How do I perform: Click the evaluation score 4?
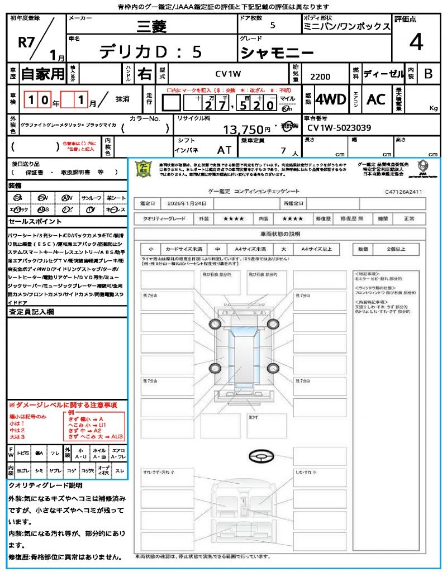(415, 42)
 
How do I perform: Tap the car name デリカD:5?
(150, 52)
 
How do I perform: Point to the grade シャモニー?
(269, 53)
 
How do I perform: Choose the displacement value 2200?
(320, 77)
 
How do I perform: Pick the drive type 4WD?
(331, 100)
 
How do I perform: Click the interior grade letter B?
(428, 73)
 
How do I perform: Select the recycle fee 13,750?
(247, 130)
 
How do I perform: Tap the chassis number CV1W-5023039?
(339, 128)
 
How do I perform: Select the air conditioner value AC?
(376, 99)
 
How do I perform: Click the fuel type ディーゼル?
(383, 73)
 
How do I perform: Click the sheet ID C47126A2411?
(403, 192)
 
